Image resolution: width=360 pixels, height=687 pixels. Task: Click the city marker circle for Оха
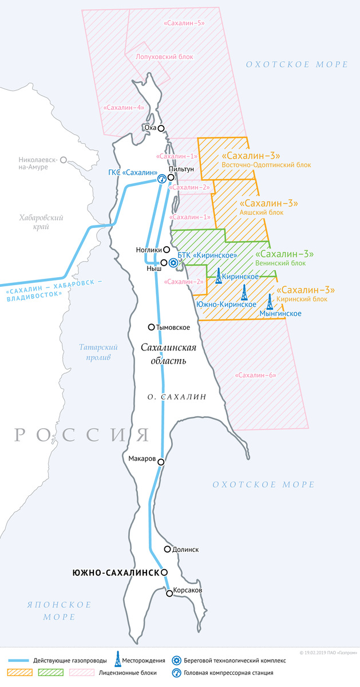click(x=161, y=128)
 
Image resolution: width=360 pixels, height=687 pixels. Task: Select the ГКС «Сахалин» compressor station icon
click(x=162, y=179)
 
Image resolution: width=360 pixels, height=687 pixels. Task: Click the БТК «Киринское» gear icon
click(x=173, y=262)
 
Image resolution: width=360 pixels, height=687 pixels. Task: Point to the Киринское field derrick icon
click(x=219, y=277)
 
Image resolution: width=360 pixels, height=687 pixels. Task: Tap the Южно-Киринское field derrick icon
click(x=244, y=293)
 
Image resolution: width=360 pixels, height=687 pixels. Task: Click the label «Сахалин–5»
click(x=184, y=23)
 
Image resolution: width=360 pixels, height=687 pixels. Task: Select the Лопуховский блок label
click(x=165, y=57)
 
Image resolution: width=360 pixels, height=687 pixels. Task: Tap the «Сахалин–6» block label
click(x=255, y=376)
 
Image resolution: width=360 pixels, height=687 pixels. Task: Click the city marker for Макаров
click(x=161, y=461)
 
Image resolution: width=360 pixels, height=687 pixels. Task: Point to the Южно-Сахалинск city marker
click(x=164, y=572)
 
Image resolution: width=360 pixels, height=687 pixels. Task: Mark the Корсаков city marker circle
click(x=169, y=594)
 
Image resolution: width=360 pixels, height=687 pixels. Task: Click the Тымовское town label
click(x=173, y=327)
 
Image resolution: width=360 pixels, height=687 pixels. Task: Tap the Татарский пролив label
click(x=98, y=352)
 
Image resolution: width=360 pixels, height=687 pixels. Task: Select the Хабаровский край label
click(x=41, y=222)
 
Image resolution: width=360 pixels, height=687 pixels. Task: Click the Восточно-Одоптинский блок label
click(x=266, y=165)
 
